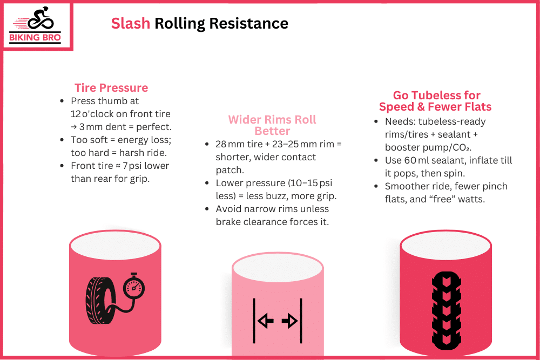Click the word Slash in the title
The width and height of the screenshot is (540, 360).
pyautogui.click(x=130, y=24)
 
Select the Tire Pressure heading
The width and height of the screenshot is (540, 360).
pyautogui.click(x=111, y=88)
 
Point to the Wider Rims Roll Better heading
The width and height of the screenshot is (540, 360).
pyautogui.click(x=272, y=125)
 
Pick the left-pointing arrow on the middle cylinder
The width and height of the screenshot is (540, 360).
pyautogui.click(x=265, y=322)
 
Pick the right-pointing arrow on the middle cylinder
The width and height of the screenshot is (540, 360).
pyautogui.click(x=289, y=322)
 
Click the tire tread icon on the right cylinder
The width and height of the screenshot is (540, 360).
pyautogui.click(x=446, y=307)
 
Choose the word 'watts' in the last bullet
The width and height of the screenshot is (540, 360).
pyautogui.click(x=473, y=199)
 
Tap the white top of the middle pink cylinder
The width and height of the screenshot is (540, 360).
pyautogui.click(x=278, y=268)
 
